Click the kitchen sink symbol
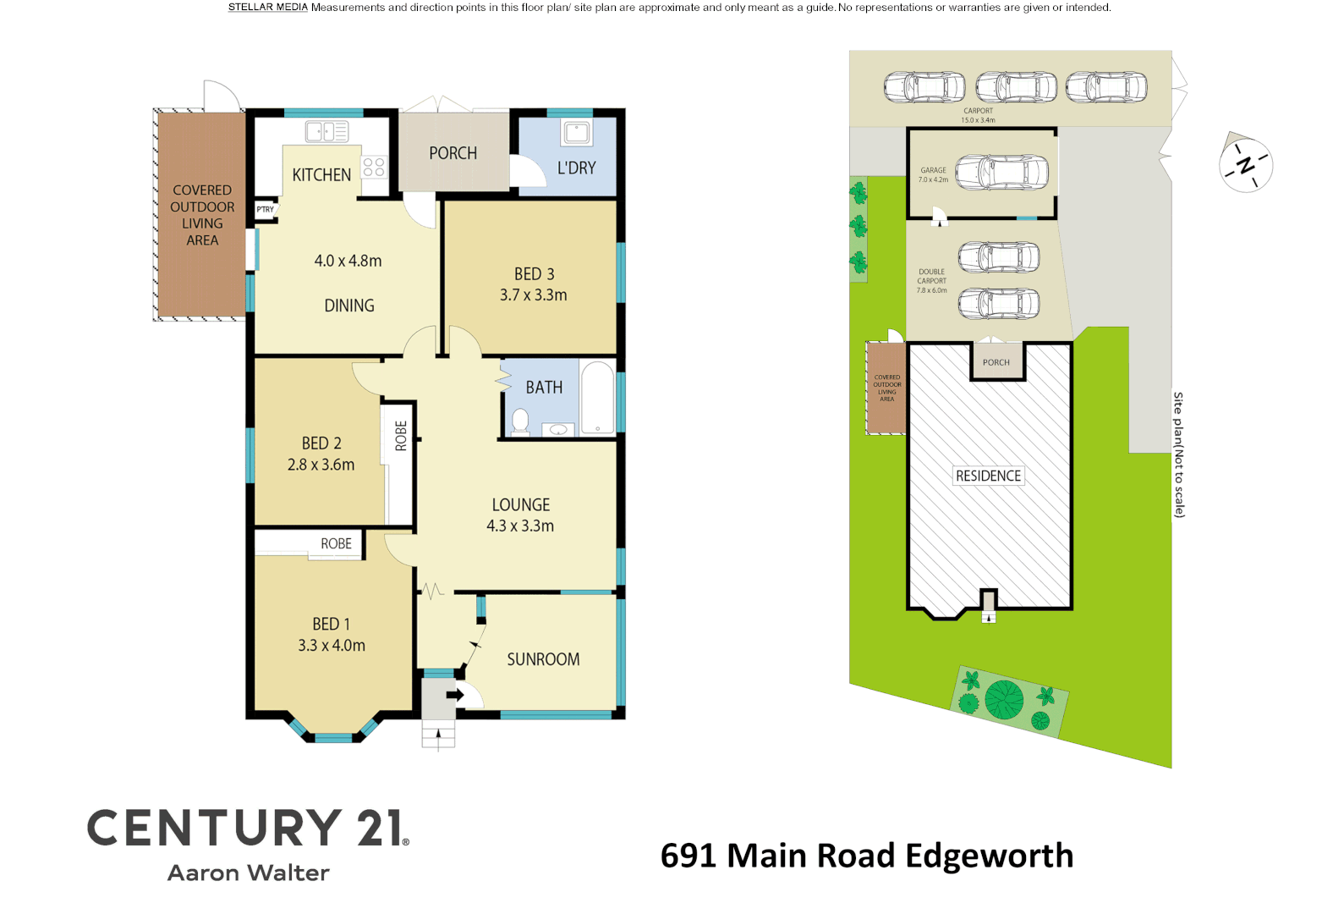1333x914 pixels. tap(326, 131)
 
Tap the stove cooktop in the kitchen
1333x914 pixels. tap(374, 167)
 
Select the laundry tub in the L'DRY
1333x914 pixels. tap(577, 133)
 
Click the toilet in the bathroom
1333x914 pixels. tap(520, 421)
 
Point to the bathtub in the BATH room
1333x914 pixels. tap(598, 398)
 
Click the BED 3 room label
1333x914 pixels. tap(534, 274)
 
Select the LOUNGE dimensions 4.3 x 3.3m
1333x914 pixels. tap(520, 526)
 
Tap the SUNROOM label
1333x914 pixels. tap(543, 659)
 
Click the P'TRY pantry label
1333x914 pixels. tap(266, 209)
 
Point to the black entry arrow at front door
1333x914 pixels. tap(455, 695)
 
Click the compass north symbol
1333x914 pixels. tap(1246, 165)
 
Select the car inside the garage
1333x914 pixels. tap(1001, 173)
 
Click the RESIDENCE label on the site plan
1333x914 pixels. tap(988, 476)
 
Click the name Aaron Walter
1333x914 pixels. tap(248, 873)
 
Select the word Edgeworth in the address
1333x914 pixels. tap(989, 856)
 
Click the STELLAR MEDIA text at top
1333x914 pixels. tap(267, 8)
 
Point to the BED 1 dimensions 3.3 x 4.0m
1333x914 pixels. tap(332, 645)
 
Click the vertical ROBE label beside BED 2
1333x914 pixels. tap(401, 436)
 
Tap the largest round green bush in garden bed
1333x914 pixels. tap(1004, 699)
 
